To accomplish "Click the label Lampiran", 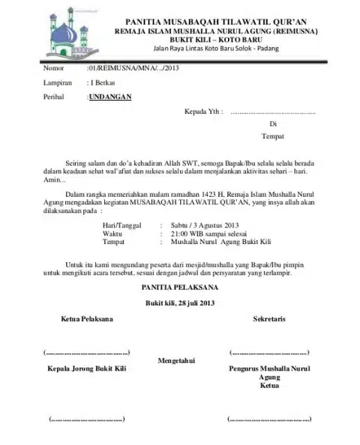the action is (58, 83).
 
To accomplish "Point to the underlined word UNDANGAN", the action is (111, 97).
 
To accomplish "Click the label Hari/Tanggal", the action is (122, 225).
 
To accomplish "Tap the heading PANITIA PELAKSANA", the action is (180, 287).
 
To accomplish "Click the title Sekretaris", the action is (269, 319).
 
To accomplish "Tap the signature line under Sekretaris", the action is (269, 353).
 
